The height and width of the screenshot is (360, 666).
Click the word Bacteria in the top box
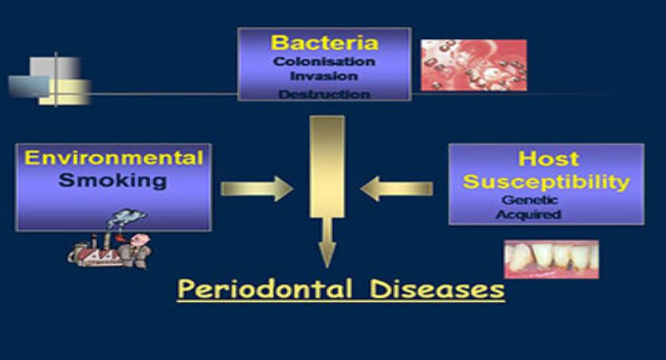pos(325,43)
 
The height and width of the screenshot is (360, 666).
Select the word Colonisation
pos(325,61)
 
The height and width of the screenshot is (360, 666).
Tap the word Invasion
pos(325,77)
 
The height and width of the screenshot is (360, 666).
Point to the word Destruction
pos(325,94)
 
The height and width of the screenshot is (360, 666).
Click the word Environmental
pos(114,159)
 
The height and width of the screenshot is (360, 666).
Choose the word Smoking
pos(113,181)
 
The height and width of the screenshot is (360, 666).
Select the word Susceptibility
pos(546,182)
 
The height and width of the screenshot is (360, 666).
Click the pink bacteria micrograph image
pos(473,65)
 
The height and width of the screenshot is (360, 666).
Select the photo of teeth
pos(550,259)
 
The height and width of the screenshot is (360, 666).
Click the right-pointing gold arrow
pos(256,188)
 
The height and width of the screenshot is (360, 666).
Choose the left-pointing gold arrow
pos(396,188)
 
